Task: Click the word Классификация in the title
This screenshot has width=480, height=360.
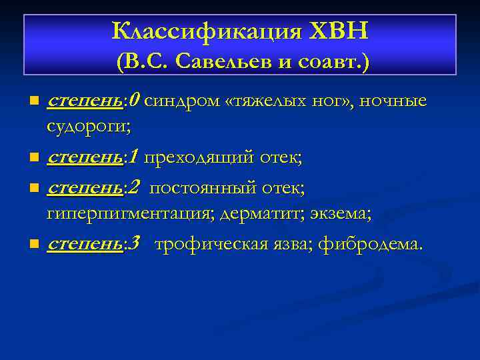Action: pyautogui.click(x=204, y=31)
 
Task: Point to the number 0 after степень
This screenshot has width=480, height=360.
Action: pyautogui.click(x=135, y=101)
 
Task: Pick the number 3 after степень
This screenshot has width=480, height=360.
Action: pyautogui.click(x=135, y=244)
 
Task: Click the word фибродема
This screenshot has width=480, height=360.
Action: pyautogui.click(x=370, y=245)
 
